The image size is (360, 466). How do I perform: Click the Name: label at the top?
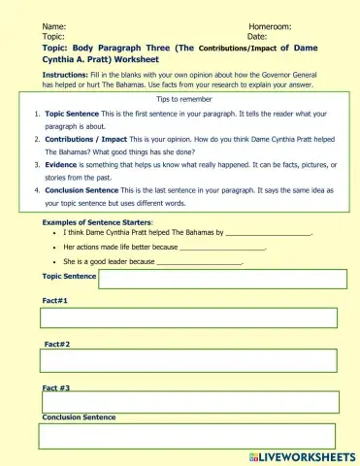tap(54, 26)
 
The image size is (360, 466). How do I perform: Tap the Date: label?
tap(257, 36)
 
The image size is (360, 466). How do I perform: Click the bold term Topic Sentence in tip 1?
tap(72, 115)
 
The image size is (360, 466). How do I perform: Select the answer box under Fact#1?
tap(189, 318)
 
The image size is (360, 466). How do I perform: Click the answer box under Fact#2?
tap(189, 360)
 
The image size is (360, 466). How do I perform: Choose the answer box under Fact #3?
tap(189, 402)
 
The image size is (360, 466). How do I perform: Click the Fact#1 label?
tap(54, 301)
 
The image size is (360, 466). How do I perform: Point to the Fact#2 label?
tap(57, 344)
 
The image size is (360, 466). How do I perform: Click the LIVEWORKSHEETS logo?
tap(303, 455)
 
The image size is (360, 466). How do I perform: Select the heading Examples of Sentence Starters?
tap(97, 222)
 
